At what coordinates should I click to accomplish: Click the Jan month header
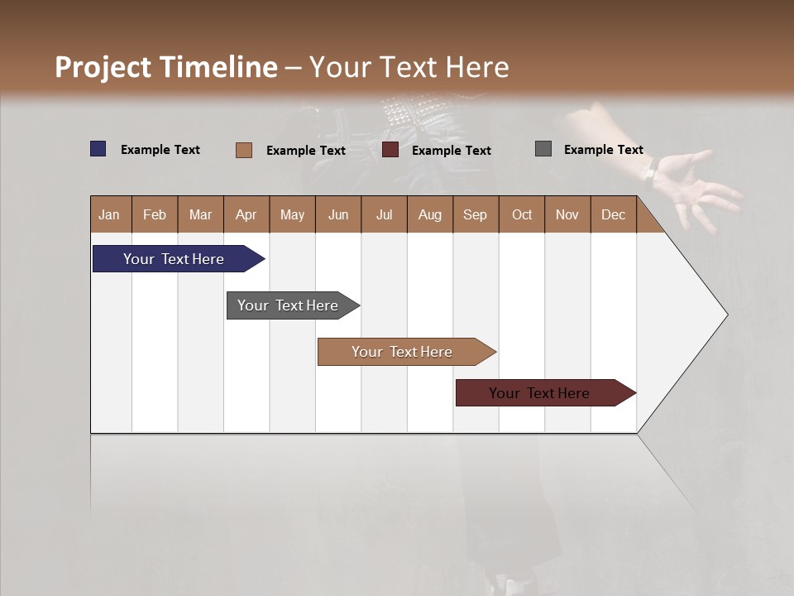pyautogui.click(x=110, y=214)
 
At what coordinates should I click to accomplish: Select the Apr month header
pyautogui.click(x=246, y=214)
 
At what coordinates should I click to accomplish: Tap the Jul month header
pyautogui.click(x=384, y=214)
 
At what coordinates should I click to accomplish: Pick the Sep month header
pyautogui.click(x=476, y=214)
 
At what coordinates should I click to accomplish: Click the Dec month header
pyautogui.click(x=613, y=214)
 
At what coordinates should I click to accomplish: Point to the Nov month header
pyautogui.click(x=567, y=214)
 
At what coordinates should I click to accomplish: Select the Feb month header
pyautogui.click(x=155, y=214)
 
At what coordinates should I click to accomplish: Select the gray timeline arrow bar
pyautogui.click(x=289, y=305)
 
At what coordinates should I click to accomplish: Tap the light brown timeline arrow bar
pyautogui.click(x=403, y=352)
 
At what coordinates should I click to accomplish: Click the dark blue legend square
pyautogui.click(x=98, y=149)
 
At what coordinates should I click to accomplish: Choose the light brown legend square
pyautogui.click(x=243, y=150)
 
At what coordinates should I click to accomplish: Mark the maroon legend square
pyautogui.click(x=390, y=150)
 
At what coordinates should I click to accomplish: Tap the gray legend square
pyautogui.click(x=543, y=149)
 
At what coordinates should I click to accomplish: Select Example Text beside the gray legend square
pyautogui.click(x=603, y=150)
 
